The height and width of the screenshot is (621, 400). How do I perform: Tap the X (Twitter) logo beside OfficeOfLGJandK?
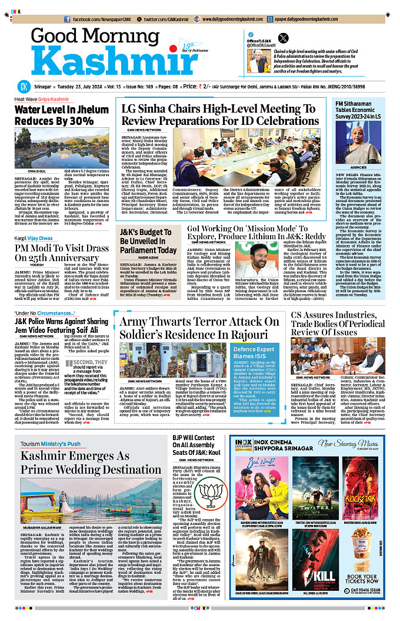[283, 38]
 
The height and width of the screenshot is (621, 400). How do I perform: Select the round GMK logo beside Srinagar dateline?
[23, 86]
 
